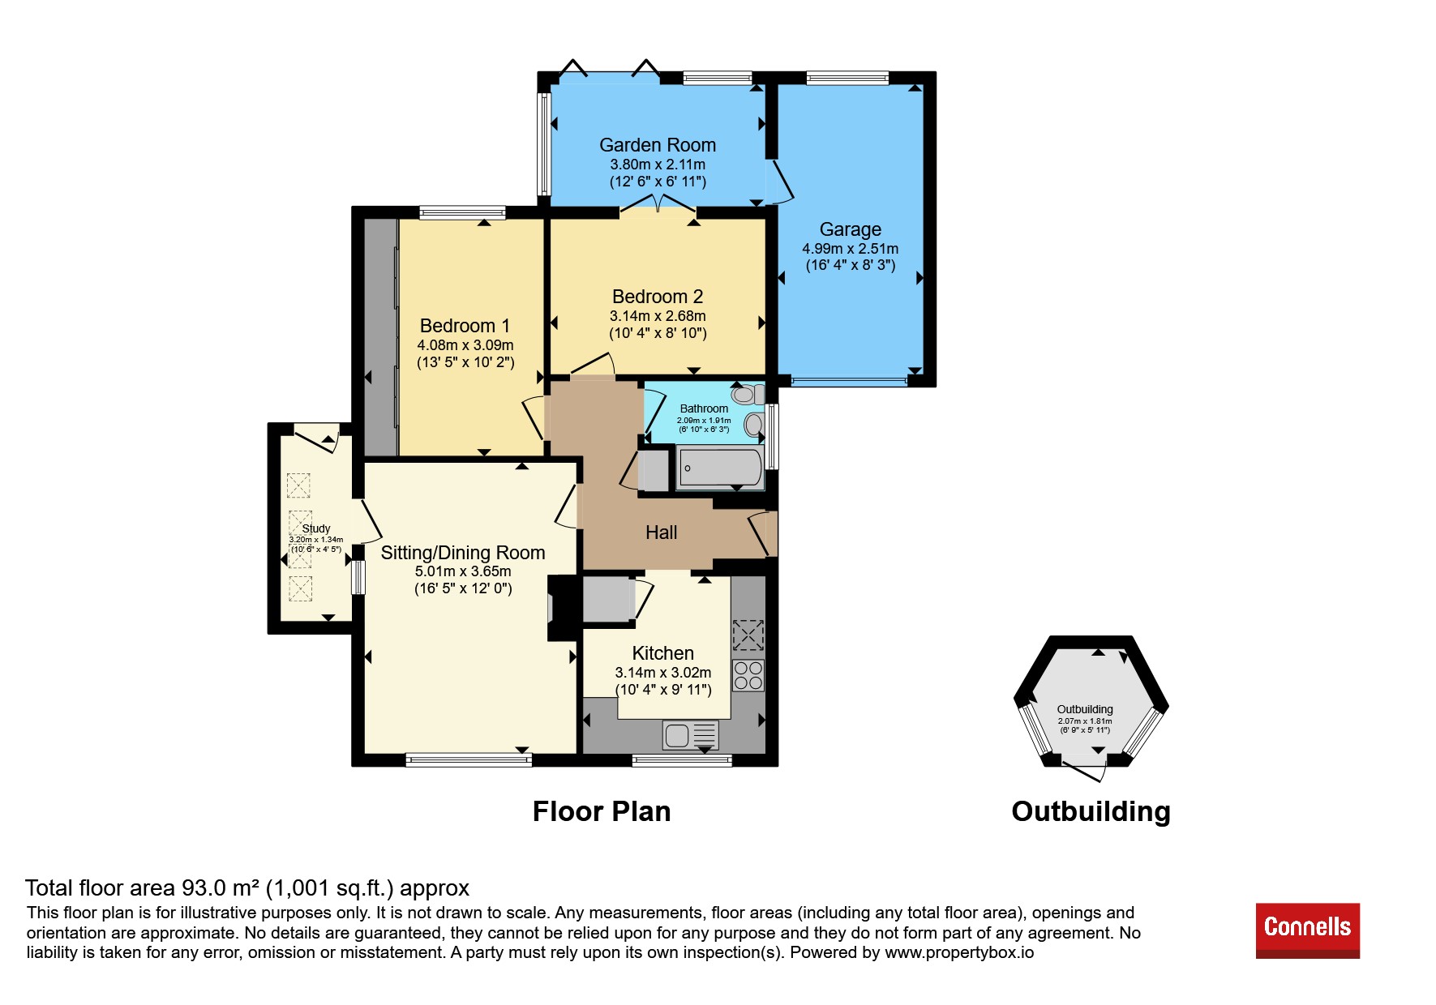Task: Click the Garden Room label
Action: pyautogui.click(x=658, y=145)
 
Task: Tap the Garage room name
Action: pyautogui.click(x=850, y=229)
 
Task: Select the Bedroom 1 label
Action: pyautogui.click(x=465, y=326)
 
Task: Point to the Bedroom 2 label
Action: pyautogui.click(x=658, y=297)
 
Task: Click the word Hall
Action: pyautogui.click(x=661, y=532)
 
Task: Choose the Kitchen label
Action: pyautogui.click(x=662, y=653)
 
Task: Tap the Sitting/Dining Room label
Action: pyautogui.click(x=463, y=553)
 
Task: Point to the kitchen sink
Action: pyautogui.click(x=690, y=735)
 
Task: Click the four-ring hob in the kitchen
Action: pyautogui.click(x=748, y=675)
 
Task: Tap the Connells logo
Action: pyautogui.click(x=1307, y=930)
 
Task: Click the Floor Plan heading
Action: pyautogui.click(x=602, y=811)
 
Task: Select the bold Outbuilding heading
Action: pyautogui.click(x=1091, y=811)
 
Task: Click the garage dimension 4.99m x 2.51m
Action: pyautogui.click(x=850, y=249)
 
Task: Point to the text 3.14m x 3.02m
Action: pyautogui.click(x=662, y=673)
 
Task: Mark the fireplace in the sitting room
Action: pyautogui.click(x=564, y=608)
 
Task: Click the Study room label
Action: pyautogui.click(x=316, y=528)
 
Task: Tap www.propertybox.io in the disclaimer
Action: pyautogui.click(x=959, y=952)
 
